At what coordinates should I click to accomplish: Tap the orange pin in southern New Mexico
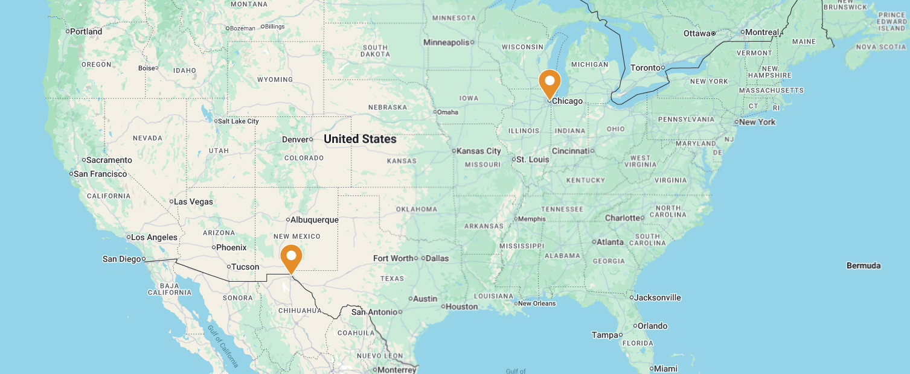(x=291, y=258)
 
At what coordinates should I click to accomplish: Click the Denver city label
(x=296, y=139)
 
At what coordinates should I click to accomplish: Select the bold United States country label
(x=360, y=139)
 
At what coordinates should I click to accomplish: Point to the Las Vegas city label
(x=193, y=201)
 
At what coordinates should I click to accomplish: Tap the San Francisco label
(x=100, y=174)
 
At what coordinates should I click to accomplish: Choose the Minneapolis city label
(x=446, y=42)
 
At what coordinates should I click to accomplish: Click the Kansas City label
(x=479, y=151)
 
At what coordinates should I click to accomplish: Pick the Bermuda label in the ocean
(x=864, y=265)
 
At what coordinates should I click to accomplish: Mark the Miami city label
(x=666, y=369)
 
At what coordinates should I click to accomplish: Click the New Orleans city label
(x=537, y=303)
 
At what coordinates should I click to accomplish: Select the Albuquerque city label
(x=315, y=220)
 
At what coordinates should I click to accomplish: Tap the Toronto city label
(x=646, y=68)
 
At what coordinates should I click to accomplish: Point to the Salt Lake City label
(x=239, y=121)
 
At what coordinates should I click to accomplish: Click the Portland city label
(x=86, y=31)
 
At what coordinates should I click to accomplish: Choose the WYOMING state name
(x=275, y=80)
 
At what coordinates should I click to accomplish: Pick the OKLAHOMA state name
(x=417, y=209)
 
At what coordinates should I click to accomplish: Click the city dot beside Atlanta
(x=594, y=242)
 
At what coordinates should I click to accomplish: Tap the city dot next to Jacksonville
(x=632, y=297)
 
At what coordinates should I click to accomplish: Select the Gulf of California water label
(x=223, y=346)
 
